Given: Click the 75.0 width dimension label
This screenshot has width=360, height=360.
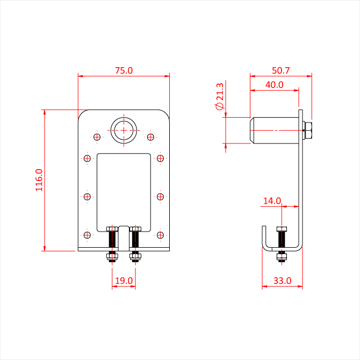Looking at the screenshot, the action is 124,70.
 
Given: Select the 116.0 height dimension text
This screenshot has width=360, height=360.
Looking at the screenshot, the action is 39,180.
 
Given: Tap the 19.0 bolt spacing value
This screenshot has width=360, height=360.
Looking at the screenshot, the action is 124,280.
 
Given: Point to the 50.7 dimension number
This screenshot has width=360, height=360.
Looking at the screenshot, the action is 281,70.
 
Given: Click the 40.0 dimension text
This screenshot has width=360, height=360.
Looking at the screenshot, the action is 275,85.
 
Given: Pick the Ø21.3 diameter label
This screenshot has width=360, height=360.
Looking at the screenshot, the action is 219,96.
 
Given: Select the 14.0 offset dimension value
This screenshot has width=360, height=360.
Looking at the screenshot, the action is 272,201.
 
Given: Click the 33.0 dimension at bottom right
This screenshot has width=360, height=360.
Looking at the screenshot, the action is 283,280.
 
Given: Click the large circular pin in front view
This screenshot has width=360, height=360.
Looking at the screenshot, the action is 124,118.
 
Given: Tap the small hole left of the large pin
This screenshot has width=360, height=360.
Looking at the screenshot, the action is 97,137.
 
